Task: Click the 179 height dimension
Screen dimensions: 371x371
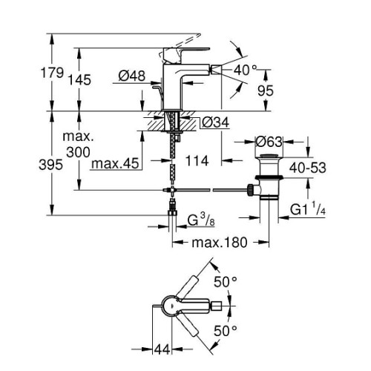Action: coord(52,73)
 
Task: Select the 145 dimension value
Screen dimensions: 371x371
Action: coord(79,80)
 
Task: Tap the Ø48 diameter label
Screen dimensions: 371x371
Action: coord(132,76)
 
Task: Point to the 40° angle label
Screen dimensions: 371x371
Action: coord(246,70)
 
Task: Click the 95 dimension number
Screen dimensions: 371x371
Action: coord(266,91)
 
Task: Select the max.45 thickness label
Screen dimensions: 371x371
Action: coord(115,163)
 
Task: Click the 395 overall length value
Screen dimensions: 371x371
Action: coord(50,165)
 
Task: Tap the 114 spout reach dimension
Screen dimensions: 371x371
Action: coord(197,161)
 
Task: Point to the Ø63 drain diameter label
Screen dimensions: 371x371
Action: coord(269,142)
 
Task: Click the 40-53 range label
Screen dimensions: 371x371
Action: coord(308,168)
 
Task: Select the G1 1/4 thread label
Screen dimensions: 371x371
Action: coord(307,209)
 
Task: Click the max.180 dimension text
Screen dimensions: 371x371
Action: coord(220,243)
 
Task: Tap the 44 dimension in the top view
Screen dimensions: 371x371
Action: coord(162,349)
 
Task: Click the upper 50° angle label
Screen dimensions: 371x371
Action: coord(226,282)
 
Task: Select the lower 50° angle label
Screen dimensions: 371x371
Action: coord(226,331)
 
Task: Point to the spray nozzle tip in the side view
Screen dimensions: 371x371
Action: coord(218,70)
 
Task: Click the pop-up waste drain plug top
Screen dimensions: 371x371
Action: coord(269,156)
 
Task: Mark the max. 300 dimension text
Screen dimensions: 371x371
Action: coord(78,144)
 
